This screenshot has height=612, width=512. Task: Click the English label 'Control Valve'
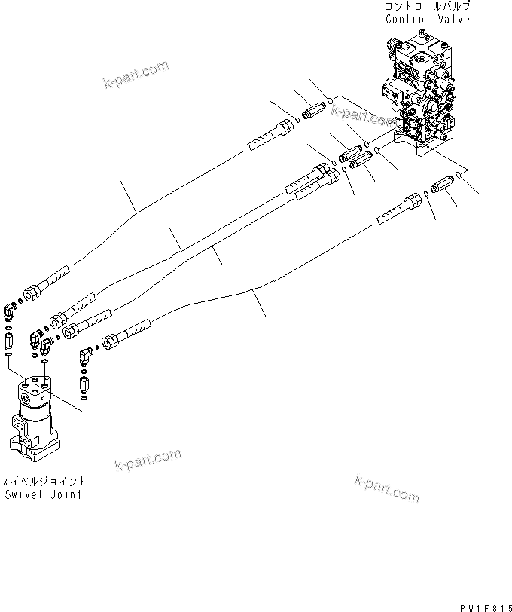click(x=427, y=19)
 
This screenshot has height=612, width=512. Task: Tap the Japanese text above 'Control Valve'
click(x=427, y=6)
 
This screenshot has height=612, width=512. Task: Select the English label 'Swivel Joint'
click(x=43, y=494)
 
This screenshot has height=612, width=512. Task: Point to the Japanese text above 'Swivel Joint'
click(x=43, y=482)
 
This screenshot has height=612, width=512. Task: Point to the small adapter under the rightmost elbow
click(x=85, y=387)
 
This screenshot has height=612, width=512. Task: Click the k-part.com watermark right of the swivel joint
click(x=148, y=458)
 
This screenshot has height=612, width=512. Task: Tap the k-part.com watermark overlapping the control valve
click(x=365, y=115)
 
